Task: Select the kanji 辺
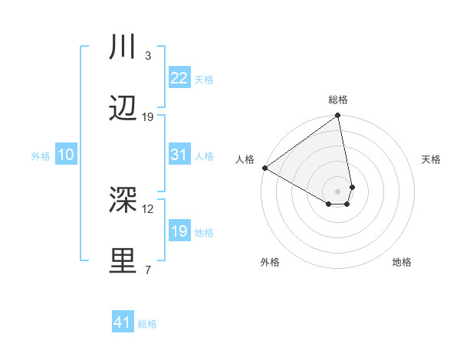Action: [123, 109]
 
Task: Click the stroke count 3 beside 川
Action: [148, 56]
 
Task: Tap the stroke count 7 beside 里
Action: [148, 270]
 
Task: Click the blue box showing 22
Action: [179, 78]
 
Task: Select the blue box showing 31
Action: [179, 155]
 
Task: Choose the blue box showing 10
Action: [65, 155]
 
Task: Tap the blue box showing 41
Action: [123, 322]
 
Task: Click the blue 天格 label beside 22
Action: [204, 80]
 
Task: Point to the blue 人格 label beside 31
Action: [204, 156]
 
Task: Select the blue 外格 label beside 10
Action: [41, 156]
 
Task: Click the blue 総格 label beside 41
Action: [147, 324]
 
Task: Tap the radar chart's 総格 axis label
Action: [338, 100]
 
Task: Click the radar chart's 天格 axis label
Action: [432, 159]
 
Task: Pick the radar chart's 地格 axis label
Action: [402, 262]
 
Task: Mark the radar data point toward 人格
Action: [264, 168]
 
